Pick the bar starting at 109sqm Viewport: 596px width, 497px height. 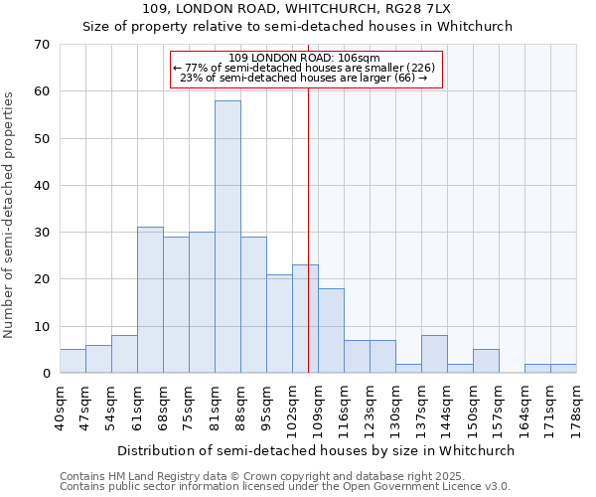331,331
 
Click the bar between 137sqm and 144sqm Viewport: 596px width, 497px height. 434,355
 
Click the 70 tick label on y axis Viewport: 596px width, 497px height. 41,45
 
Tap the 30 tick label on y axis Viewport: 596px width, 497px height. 41,233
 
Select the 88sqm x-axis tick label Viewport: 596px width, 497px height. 241,408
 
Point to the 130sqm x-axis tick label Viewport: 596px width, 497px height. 396,408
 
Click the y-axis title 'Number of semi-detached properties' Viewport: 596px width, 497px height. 10,215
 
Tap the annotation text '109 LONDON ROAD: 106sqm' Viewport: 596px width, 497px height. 304,59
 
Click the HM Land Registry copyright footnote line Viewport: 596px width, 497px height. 255,476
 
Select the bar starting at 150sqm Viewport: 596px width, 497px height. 486,362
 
